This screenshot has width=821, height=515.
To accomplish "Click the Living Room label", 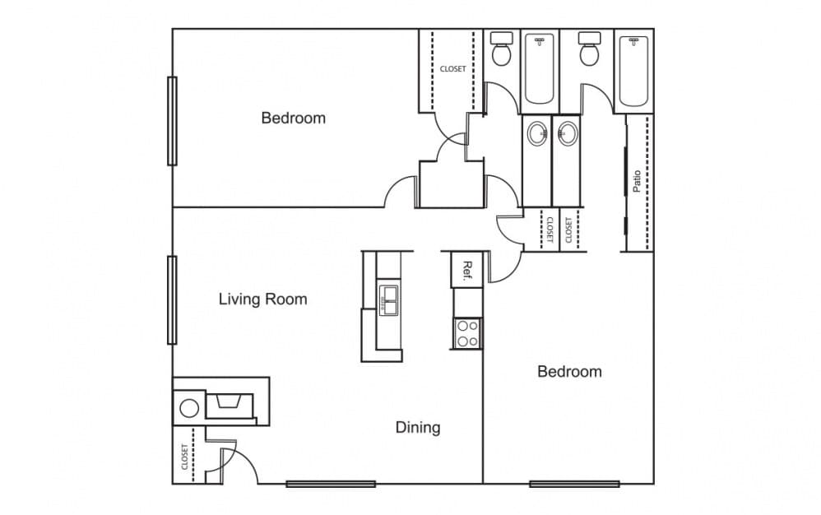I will tap(262, 299).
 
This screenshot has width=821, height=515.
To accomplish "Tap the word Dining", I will tap(418, 427).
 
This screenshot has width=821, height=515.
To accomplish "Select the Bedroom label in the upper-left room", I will tap(293, 118).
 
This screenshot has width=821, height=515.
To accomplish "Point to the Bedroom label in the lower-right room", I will tap(569, 371).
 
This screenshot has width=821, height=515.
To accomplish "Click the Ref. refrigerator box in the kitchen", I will tap(466, 270).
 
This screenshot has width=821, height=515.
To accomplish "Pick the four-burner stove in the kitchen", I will tap(467, 333).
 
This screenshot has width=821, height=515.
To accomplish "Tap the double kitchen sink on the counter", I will tap(388, 301).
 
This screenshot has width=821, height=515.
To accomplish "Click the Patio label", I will tap(637, 181).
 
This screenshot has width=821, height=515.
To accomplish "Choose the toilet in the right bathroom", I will tap(589, 51).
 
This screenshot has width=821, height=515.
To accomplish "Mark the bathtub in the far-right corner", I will tap(633, 72).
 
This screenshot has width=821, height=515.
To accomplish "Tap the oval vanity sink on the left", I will tap(537, 133).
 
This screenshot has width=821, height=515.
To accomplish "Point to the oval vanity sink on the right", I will tap(566, 133).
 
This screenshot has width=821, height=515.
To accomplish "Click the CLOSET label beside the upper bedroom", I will tap(452, 69).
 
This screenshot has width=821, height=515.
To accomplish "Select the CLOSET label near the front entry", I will tap(184, 457).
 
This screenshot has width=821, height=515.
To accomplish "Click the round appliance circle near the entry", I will tap(189, 408).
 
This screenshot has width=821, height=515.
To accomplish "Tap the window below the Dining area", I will tap(331, 484).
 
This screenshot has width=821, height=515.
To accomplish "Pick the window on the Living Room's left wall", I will tap(172, 299).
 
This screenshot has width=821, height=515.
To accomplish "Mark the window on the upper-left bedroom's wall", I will tap(172, 121).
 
